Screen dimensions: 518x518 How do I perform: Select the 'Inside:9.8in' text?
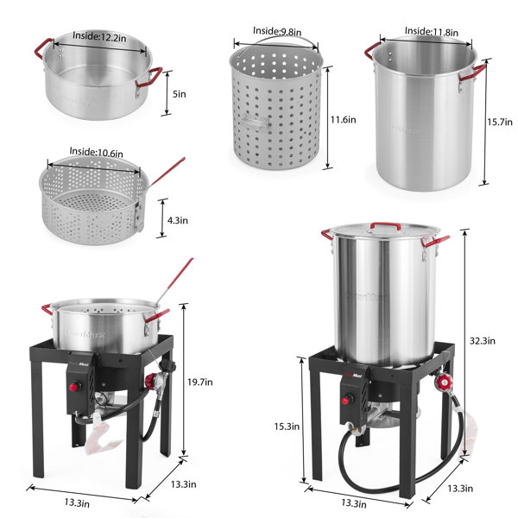pyautogui.click(x=276, y=31)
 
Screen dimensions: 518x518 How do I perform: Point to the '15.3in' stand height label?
pyautogui.click(x=288, y=426)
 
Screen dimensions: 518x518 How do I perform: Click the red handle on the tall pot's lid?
pyautogui.click(x=384, y=226)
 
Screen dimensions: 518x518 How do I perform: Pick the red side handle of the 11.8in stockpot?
pyautogui.click(x=471, y=75)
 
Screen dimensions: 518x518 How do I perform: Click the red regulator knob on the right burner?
pyautogui.click(x=446, y=383)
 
